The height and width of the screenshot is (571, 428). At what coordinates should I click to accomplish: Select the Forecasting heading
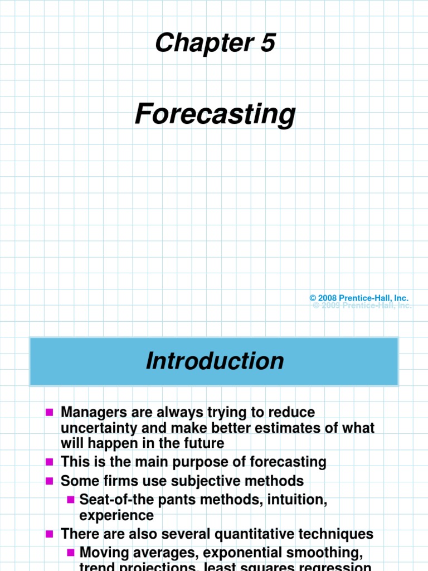tap(215, 114)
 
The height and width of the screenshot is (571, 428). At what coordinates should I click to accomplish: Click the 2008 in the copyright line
tap(327, 299)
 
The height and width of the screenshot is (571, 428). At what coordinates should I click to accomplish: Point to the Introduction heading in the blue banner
tap(215, 361)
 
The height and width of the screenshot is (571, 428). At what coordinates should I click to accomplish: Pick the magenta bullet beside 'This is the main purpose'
tap(49, 462)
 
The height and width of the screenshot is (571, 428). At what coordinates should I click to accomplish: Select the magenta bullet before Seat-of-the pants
tap(70, 500)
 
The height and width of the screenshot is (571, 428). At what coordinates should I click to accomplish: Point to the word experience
tap(116, 515)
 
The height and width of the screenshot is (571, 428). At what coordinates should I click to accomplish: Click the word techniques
tap(332, 534)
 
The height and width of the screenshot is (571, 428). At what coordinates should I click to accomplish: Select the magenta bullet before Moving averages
tap(70, 553)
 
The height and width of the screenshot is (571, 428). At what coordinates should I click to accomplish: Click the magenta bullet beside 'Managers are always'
tap(49, 413)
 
